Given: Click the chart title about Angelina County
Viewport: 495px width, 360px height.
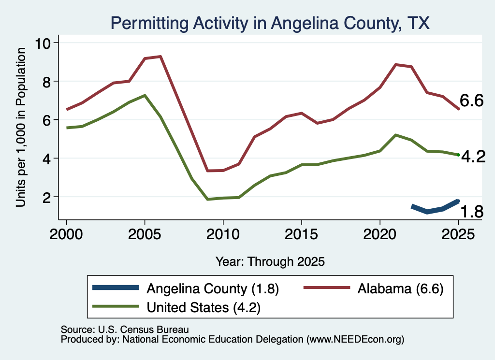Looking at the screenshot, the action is point(270,23).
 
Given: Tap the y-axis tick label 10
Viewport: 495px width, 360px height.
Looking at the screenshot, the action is point(43,43).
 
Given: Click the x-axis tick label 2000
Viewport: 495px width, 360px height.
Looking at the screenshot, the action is point(66,234).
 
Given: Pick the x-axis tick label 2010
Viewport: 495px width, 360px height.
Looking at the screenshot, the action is point(223,234).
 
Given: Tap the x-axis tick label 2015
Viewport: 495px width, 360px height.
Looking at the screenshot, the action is point(302,234).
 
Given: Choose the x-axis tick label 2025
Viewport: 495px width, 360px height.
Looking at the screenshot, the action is point(458,234).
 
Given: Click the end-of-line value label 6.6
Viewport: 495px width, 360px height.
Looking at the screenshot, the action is point(471,101).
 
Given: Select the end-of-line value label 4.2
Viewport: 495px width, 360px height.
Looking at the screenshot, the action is point(473,157).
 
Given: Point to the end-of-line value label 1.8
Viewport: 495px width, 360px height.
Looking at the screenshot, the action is point(472,211).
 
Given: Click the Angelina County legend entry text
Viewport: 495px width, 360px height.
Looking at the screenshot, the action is point(213,288).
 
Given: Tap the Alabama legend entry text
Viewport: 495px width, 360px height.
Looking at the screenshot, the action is point(401,288).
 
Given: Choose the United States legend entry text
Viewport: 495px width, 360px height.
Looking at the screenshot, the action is point(204,307).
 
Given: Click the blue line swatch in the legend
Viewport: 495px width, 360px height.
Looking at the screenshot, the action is point(116,288).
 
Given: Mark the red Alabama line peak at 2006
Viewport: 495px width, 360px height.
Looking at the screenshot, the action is point(160,57).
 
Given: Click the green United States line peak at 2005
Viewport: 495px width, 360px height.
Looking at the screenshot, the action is point(145,95).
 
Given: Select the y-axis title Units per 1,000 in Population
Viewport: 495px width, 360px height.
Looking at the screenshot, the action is point(21,127).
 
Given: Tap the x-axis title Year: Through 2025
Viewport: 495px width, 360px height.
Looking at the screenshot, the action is point(270,262).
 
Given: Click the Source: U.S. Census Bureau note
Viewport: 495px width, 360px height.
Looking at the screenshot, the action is point(125,330).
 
